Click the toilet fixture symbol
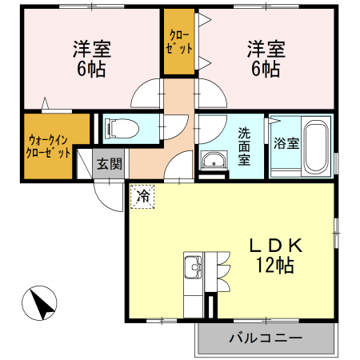coord(122,128)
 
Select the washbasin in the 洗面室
coord(214,160)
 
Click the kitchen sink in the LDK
coord(193,267)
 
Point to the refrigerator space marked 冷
coord(142,197)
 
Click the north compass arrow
coord(39,302)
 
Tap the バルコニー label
coord(266,338)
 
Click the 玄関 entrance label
coord(110,163)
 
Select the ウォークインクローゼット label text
coord(48,146)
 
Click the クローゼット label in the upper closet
coord(179,42)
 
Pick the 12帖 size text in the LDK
coord(275,266)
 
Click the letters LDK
coord(276,246)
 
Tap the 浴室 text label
coord(286,143)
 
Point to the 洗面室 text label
coord(244,146)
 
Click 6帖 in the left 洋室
coord(91,69)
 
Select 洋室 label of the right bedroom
coord(266,49)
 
